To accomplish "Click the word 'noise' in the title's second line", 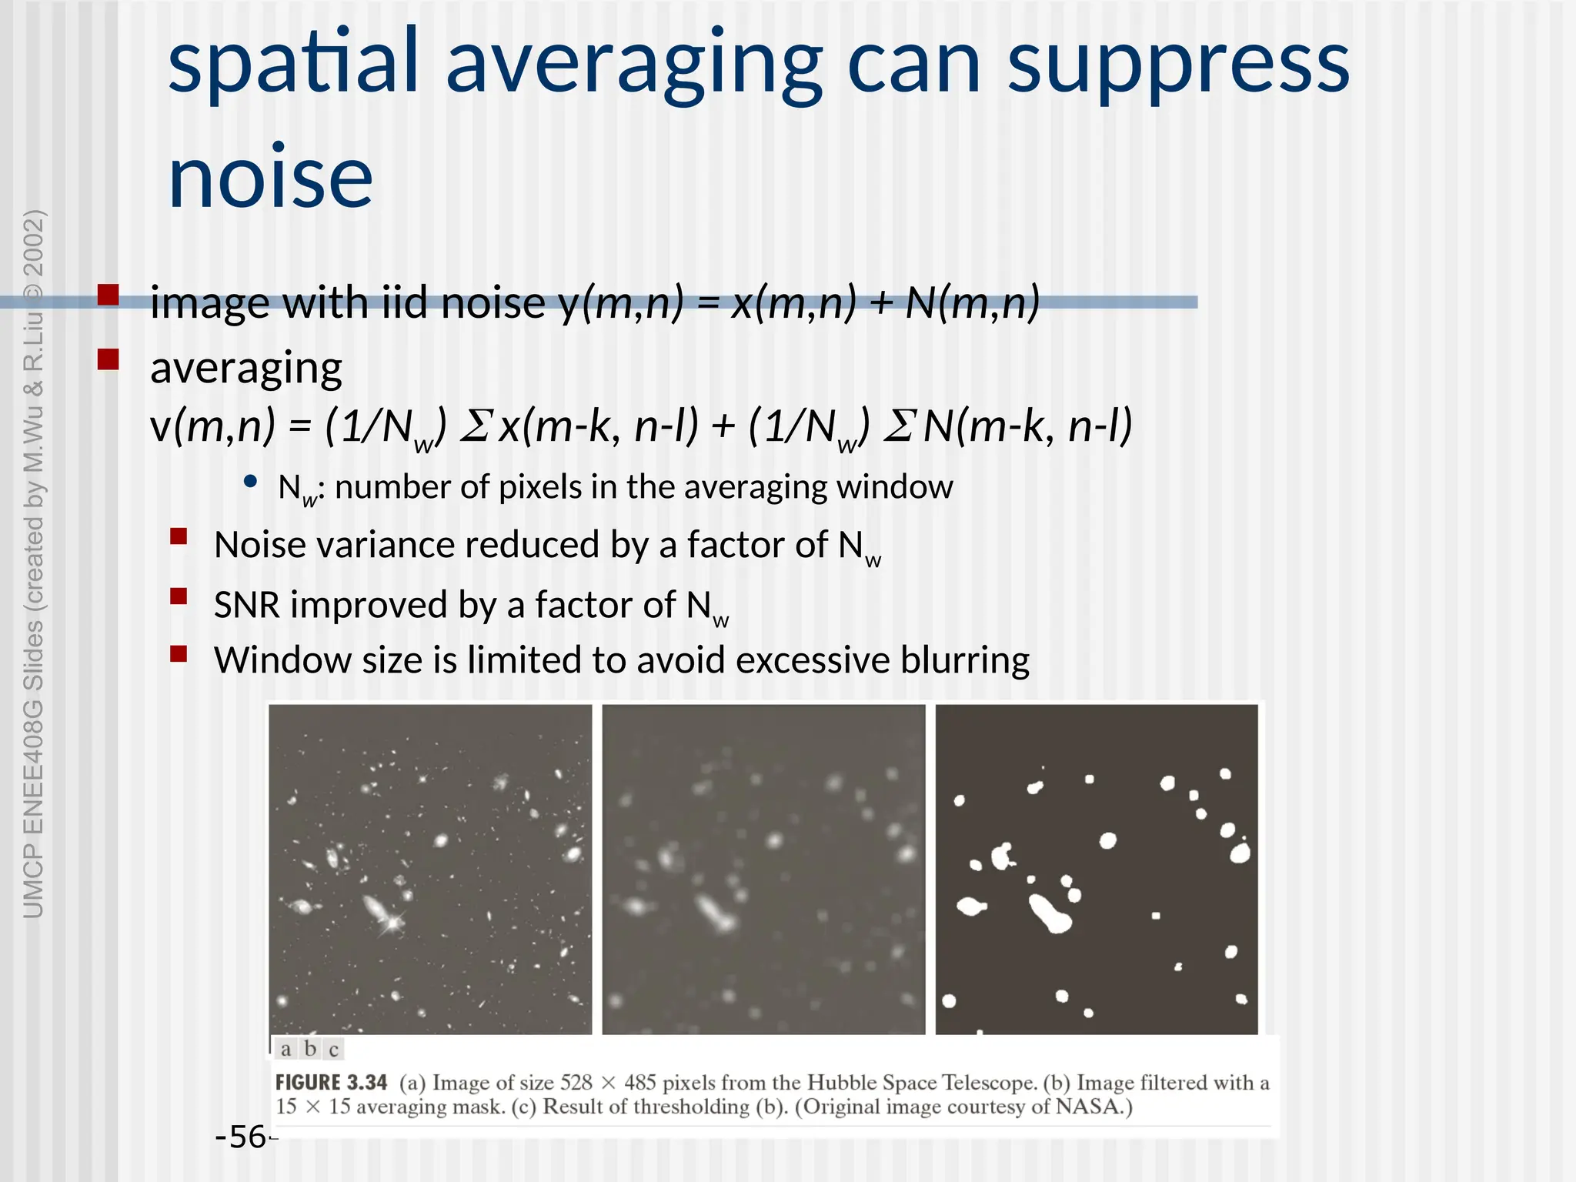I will point(270,179).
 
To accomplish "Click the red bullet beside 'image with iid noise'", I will point(109,295).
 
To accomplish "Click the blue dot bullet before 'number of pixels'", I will point(249,482).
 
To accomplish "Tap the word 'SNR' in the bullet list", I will point(246,605).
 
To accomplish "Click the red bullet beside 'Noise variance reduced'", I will point(179,536).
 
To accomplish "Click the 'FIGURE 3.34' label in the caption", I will point(331,1083).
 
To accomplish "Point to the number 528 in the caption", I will point(576,1083).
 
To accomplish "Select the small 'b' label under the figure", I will point(310,1049).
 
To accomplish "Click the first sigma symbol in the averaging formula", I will point(474,426).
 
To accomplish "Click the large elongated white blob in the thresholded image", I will point(1050,913).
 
